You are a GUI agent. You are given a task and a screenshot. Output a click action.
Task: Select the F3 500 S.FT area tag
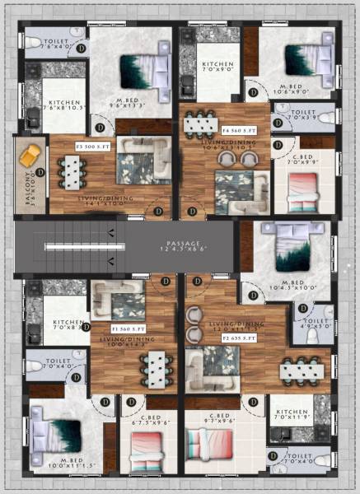(93, 146)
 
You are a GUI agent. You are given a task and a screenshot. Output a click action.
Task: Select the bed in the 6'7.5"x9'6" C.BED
(148, 451)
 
